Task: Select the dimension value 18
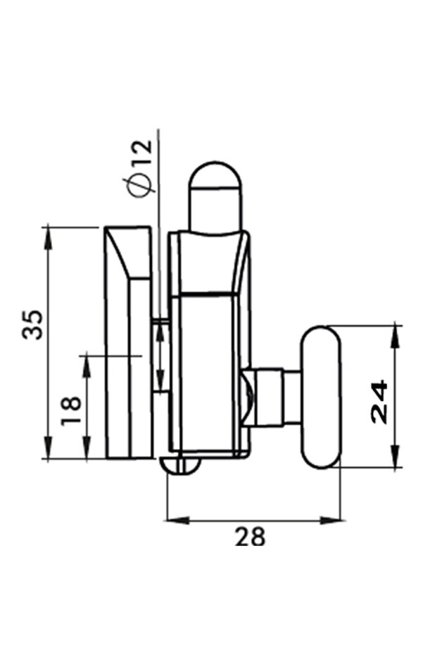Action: [x=72, y=409]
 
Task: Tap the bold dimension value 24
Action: [x=379, y=401]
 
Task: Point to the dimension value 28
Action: [x=250, y=538]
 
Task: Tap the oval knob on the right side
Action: [x=321, y=395]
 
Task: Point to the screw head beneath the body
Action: [x=182, y=465]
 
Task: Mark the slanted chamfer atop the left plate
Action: [x=127, y=253]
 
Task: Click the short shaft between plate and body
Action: [x=160, y=355]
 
